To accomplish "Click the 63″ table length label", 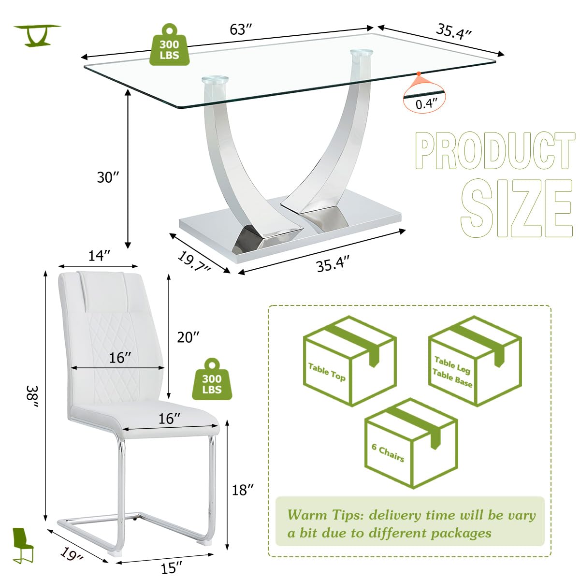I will (241, 30).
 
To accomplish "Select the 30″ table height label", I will (108, 177).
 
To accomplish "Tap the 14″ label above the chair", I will (99, 256).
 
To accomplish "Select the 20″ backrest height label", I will (188, 337).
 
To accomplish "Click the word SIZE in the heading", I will (516, 208).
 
